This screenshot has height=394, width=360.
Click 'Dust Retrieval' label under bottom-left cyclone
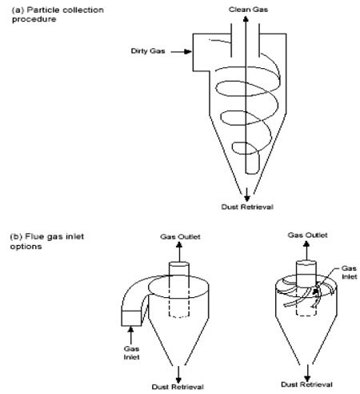point(182,386)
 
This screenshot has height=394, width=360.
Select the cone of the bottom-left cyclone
point(182,340)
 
